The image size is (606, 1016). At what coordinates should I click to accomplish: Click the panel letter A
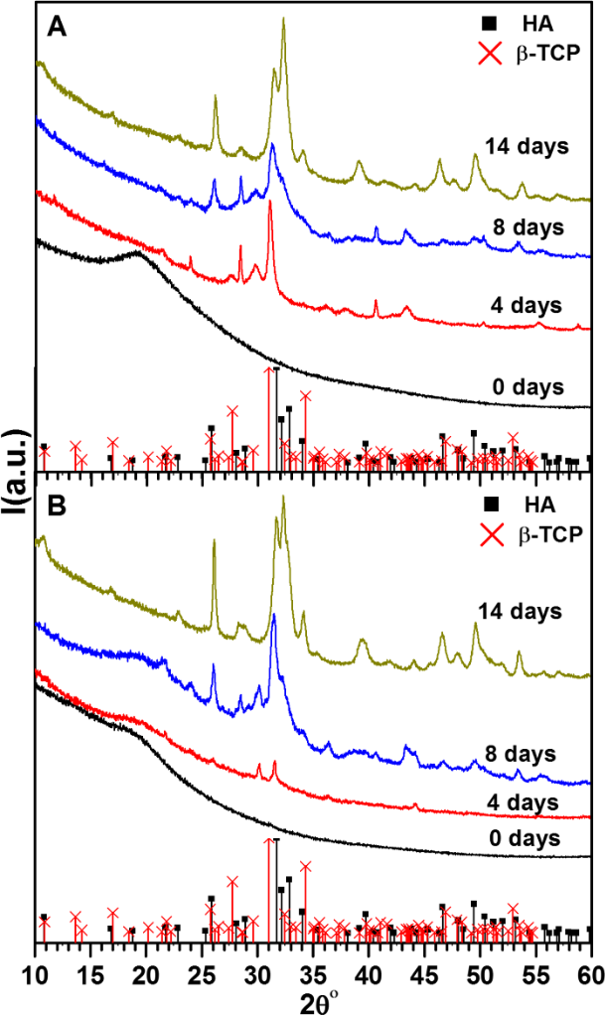(x=57, y=30)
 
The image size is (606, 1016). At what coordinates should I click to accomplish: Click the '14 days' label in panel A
(x=527, y=147)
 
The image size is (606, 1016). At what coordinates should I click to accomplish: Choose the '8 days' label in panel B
(x=527, y=752)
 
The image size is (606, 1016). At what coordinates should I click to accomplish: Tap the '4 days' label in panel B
(x=528, y=800)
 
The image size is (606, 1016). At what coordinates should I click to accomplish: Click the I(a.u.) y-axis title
(x=13, y=476)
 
